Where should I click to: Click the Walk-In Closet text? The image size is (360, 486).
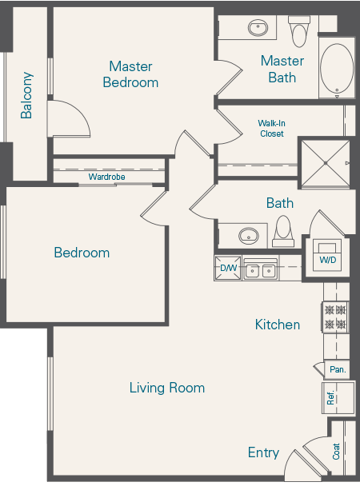(x=272, y=129)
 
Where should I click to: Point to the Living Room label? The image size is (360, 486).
(x=167, y=388)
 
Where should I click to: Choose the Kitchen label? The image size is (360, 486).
(x=278, y=325)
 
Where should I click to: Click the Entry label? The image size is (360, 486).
(x=263, y=452)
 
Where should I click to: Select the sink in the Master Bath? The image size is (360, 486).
(x=258, y=30)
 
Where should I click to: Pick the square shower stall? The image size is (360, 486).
(x=325, y=163)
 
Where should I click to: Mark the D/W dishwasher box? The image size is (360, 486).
(x=228, y=269)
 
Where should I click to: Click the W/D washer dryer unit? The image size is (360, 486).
(x=328, y=255)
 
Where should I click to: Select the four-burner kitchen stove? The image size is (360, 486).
(x=334, y=317)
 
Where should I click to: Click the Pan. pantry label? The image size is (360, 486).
(x=337, y=369)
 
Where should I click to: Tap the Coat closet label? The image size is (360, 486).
(x=337, y=452)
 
